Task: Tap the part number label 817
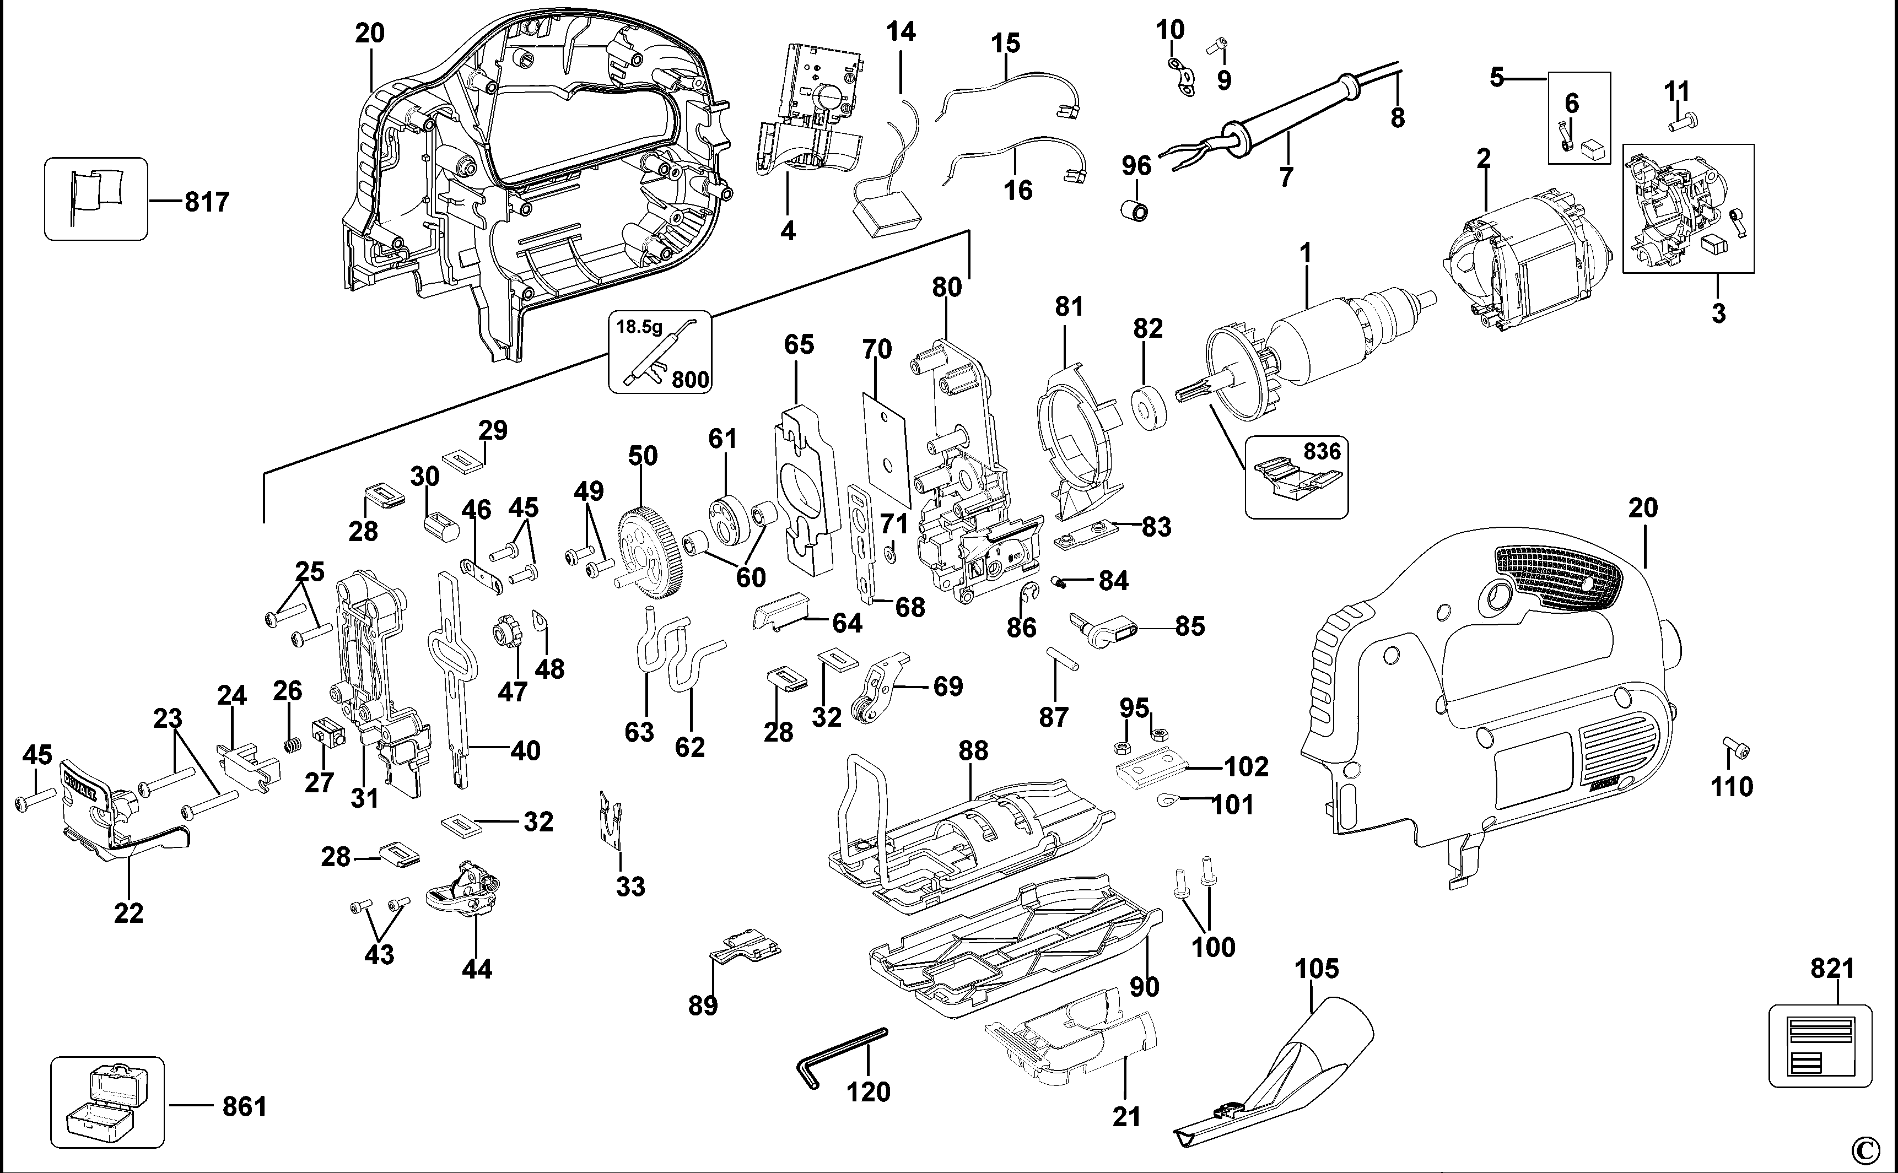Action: click(x=207, y=203)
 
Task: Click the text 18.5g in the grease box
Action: click(x=639, y=327)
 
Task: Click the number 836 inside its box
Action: click(x=1322, y=451)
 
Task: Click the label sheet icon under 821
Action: click(x=1820, y=1044)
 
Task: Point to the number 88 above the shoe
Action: click(x=973, y=750)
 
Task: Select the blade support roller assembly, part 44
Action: click(x=464, y=890)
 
